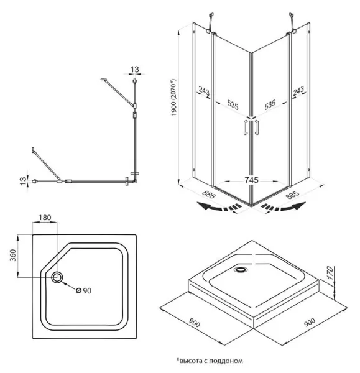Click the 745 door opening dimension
pyautogui.click(x=251, y=180)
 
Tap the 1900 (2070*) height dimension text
pyautogui.click(x=174, y=98)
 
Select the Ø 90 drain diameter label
pyautogui.click(x=83, y=290)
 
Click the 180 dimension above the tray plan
pyautogui.click(x=45, y=218)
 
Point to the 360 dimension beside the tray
pyautogui.click(x=13, y=255)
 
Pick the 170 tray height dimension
pyautogui.click(x=330, y=273)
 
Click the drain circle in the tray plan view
pyautogui.click(x=57, y=277)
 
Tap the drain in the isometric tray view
pyautogui.click(x=241, y=270)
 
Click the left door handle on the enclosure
pyautogui.click(x=246, y=127)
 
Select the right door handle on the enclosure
pyautogui.click(x=256, y=127)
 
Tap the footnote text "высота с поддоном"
pyautogui.click(x=211, y=361)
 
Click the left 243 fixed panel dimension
pyautogui.click(x=204, y=91)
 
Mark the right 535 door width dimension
pyautogui.click(x=270, y=104)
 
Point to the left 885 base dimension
pyautogui.click(x=209, y=195)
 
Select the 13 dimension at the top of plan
pyautogui.click(x=134, y=70)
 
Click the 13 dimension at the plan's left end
pyautogui.click(x=23, y=181)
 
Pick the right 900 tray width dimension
pyautogui.click(x=310, y=322)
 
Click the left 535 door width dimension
pyautogui.click(x=233, y=104)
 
